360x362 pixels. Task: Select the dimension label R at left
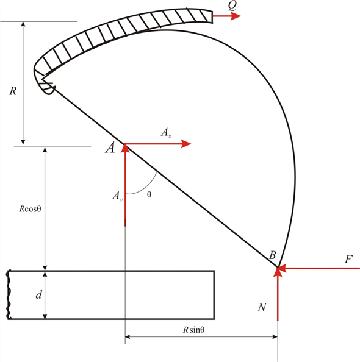(12, 91)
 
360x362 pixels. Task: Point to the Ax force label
(165, 132)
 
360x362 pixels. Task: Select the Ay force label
(117, 196)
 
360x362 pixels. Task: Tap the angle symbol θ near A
(149, 194)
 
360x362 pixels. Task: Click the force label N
(262, 308)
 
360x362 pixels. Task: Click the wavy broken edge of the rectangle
(9, 294)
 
